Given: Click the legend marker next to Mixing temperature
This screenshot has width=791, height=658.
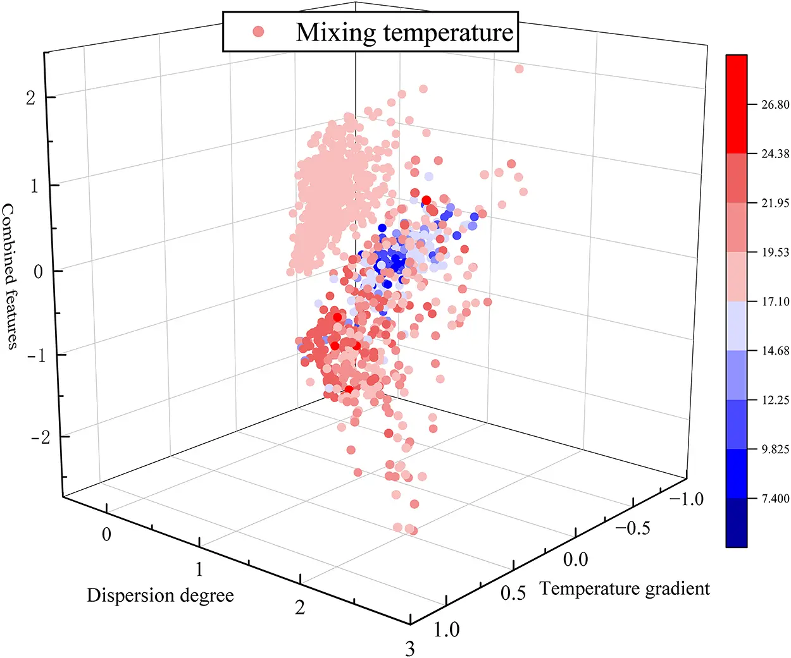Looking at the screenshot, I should coord(258,31).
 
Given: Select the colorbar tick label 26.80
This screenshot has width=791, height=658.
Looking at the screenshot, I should coord(775,105).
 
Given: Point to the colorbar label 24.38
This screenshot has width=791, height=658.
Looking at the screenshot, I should coord(775,154).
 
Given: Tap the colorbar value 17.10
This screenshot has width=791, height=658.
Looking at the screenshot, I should coord(775,302).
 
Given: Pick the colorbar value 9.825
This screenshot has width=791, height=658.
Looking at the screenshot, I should coord(775,449).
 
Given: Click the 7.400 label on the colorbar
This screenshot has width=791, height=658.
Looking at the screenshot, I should coord(775,499).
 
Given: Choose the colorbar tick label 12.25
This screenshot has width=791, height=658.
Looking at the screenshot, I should coord(775,400).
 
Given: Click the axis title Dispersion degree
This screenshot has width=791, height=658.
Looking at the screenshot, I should coord(160,595).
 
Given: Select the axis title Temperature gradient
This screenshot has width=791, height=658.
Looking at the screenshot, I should coord(625,589).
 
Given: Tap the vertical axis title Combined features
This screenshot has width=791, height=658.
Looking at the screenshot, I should coord(10,276).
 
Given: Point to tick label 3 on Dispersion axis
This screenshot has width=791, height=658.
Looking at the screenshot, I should coord(410,649).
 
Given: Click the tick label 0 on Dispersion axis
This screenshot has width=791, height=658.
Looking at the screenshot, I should coord(106,535).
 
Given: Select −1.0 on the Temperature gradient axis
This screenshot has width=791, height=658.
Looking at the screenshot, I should coord(686,499).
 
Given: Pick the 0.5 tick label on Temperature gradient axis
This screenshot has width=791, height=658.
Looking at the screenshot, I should coord(513,593).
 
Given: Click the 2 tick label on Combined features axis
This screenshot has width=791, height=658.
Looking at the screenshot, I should coord(30,98).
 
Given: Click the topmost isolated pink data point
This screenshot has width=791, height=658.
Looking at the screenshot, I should coord(519,69).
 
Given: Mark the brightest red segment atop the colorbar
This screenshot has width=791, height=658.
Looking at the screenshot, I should coord(737,104).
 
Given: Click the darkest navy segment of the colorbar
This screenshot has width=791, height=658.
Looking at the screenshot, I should coord(737,522).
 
